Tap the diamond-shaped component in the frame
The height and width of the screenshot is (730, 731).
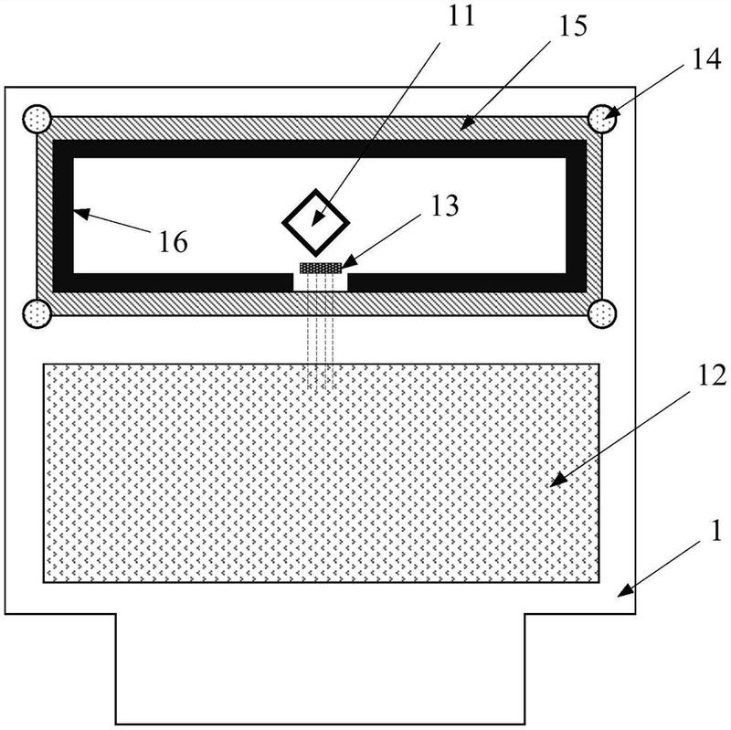click(x=314, y=220)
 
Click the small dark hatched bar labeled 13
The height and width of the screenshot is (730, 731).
click(x=320, y=268)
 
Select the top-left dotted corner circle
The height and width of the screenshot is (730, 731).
click(x=37, y=119)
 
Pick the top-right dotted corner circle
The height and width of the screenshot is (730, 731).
click(x=602, y=119)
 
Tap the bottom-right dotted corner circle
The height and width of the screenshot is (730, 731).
click(x=602, y=312)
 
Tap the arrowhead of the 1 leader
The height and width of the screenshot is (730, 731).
click(x=621, y=593)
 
